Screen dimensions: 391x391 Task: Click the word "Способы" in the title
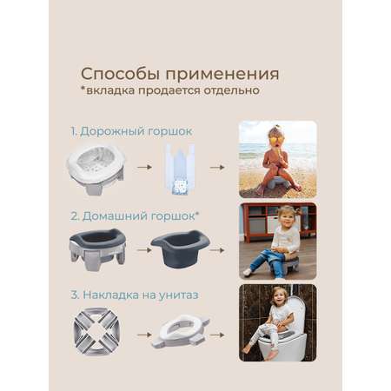(120, 74)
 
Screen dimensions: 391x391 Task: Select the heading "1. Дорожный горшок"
(131, 131)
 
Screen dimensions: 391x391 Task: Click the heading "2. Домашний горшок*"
(135, 216)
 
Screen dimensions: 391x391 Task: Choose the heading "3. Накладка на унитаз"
(135, 295)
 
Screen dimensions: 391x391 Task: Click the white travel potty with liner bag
(96, 169)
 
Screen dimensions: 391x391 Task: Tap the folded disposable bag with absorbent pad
(180, 169)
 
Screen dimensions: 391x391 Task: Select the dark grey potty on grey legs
(97, 249)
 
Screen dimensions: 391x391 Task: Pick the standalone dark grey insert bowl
(181, 248)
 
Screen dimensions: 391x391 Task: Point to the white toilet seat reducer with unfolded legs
(180, 331)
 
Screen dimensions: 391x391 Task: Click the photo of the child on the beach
(278, 159)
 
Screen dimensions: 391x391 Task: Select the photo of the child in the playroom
(278, 242)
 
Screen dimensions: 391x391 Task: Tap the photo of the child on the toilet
(278, 322)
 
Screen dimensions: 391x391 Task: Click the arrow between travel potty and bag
(144, 167)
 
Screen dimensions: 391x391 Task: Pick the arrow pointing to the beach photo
(217, 167)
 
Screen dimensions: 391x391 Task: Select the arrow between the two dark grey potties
(144, 250)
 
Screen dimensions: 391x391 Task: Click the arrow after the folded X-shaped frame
(144, 335)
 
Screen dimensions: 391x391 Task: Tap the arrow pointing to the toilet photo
(217, 335)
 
